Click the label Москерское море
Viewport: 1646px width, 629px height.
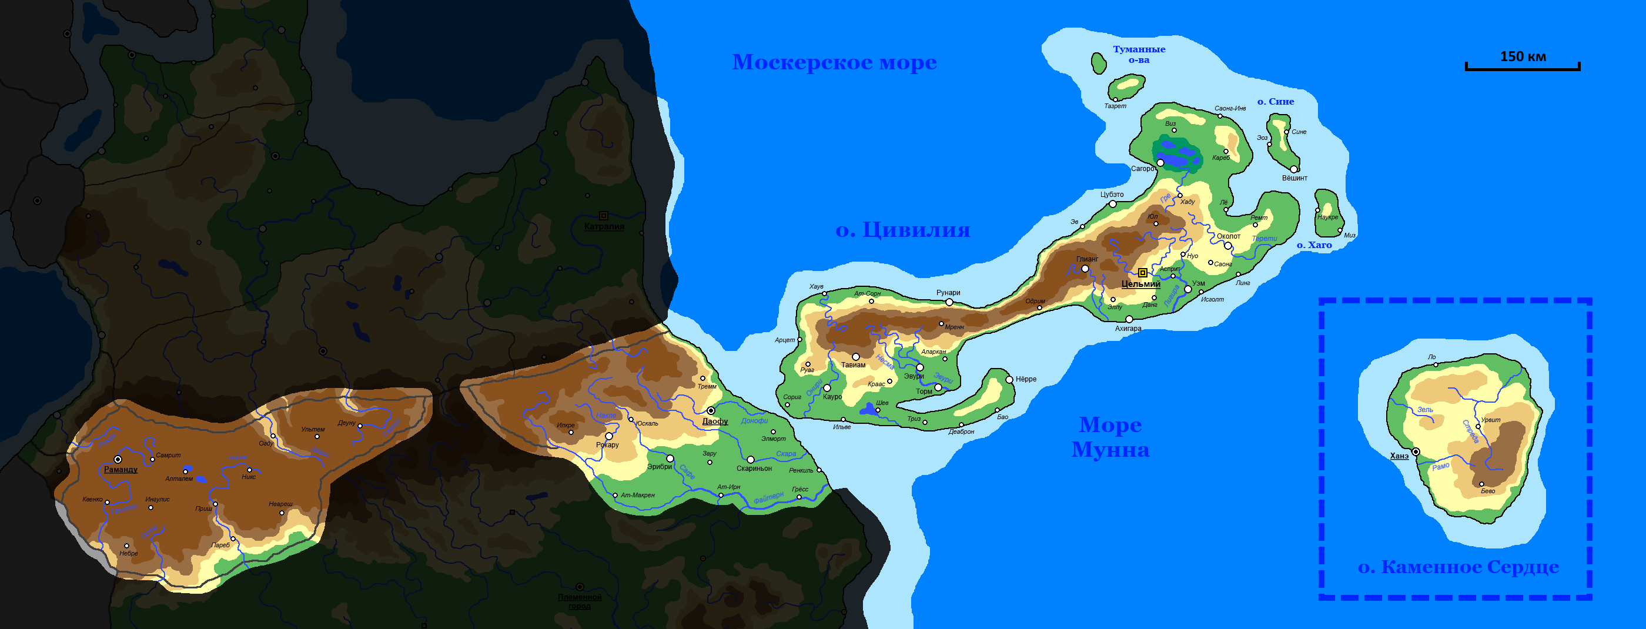[834, 63]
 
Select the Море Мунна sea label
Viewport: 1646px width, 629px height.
[1110, 437]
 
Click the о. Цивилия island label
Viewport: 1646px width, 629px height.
[902, 229]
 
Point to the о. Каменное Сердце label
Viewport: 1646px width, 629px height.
[1458, 567]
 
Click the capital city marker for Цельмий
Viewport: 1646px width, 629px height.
[1142, 273]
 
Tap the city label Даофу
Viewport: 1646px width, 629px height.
[715, 421]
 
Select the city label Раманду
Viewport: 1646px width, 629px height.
[120, 469]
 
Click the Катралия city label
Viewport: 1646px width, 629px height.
[604, 226]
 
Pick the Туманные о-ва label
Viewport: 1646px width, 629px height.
[1139, 54]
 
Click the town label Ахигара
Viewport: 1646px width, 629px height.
[1128, 329]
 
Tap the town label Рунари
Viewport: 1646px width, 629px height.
[948, 293]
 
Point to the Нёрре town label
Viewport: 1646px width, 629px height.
[1026, 379]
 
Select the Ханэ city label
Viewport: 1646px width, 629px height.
[1399, 456]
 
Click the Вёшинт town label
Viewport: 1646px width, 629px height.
[1294, 178]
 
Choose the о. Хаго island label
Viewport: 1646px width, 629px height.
[1314, 245]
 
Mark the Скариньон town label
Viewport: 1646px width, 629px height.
[754, 469]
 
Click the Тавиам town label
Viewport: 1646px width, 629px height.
[853, 365]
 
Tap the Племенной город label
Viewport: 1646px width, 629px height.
[580, 601]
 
